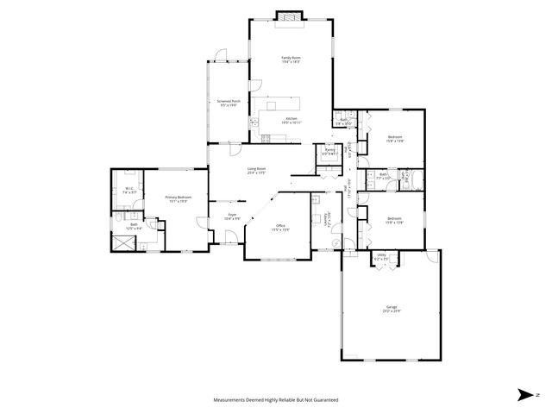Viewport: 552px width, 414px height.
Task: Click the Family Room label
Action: tap(290, 60)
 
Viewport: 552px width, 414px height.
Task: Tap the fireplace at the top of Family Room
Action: tap(290, 15)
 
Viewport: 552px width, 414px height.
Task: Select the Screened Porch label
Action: tap(229, 103)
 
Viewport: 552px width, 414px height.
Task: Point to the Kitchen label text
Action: tap(292, 120)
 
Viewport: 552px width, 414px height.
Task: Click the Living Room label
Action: tap(256, 170)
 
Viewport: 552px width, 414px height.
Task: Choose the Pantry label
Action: tap(329, 152)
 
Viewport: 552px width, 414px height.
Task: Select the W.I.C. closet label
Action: tap(127, 191)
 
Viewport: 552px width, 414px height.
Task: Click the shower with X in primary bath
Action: tap(123, 241)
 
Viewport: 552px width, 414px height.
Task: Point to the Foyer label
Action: tap(232, 216)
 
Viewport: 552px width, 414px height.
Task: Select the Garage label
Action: tap(392, 309)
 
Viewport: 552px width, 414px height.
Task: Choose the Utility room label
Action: tap(381, 257)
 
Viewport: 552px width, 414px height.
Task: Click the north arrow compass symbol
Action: tap(524, 394)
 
